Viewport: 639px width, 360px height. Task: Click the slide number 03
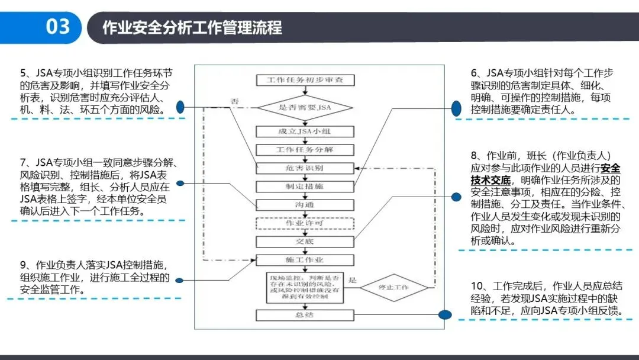click(x=57, y=27)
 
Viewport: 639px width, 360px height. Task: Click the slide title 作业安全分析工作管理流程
click(x=192, y=27)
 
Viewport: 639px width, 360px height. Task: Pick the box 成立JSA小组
click(x=304, y=131)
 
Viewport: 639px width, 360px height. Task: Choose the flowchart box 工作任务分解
click(x=304, y=150)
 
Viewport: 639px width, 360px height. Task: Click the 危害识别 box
click(x=304, y=168)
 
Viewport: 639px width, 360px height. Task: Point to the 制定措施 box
click(x=304, y=187)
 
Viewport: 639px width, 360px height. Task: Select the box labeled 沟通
click(x=304, y=205)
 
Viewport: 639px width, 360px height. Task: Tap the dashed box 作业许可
click(x=304, y=223)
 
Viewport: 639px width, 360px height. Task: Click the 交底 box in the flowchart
click(x=304, y=242)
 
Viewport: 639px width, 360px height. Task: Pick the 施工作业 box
click(x=304, y=260)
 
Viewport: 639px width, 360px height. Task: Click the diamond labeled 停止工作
click(x=395, y=288)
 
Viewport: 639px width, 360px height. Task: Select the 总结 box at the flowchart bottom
click(x=304, y=314)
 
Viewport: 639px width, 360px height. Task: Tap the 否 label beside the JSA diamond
click(x=234, y=102)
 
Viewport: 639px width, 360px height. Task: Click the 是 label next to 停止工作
click(x=353, y=281)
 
